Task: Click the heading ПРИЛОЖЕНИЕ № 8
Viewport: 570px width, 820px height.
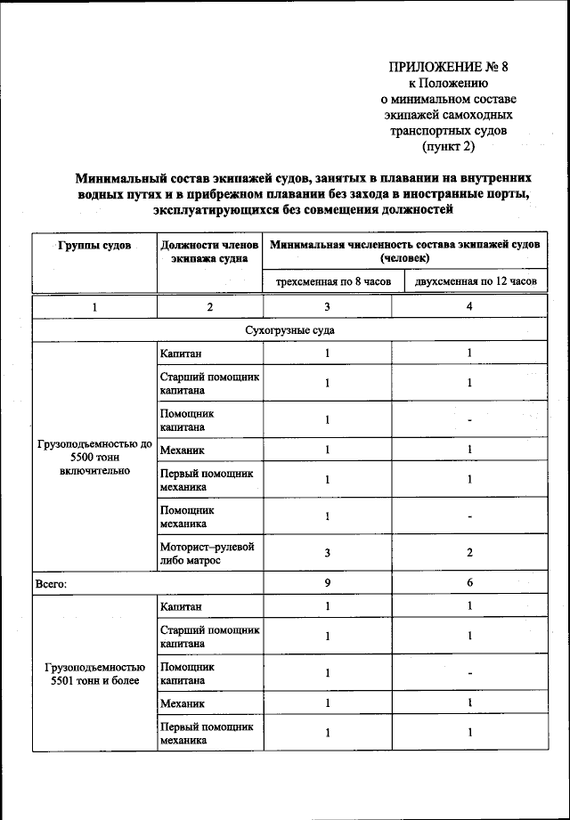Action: click(448, 66)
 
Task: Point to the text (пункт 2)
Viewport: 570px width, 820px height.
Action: click(448, 146)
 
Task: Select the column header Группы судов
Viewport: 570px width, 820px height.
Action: click(94, 244)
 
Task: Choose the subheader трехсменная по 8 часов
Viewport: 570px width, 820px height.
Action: click(327, 282)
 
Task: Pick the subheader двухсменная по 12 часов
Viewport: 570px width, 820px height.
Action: click(469, 282)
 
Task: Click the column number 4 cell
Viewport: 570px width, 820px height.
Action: click(469, 306)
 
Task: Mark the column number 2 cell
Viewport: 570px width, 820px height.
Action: click(210, 306)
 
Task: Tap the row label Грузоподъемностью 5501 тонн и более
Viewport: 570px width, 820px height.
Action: click(94, 674)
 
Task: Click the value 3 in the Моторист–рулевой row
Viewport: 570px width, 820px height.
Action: click(327, 553)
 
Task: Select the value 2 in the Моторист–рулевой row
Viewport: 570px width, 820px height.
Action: click(469, 553)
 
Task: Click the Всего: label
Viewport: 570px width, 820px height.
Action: click(52, 584)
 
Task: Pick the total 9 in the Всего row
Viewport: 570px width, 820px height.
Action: click(327, 583)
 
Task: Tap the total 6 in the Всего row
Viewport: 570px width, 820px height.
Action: click(469, 583)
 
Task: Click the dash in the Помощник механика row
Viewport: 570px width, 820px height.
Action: click(469, 516)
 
